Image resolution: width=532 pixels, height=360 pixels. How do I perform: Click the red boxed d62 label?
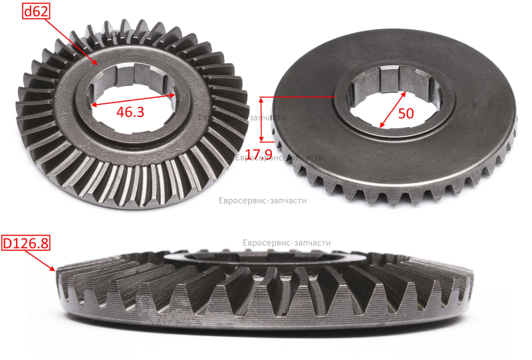click(x=37, y=12)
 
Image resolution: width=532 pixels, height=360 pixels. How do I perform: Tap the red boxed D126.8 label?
click(x=26, y=243)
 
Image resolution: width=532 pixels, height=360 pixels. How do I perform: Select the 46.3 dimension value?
click(x=130, y=112)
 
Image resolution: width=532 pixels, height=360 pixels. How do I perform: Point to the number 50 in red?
click(x=406, y=113)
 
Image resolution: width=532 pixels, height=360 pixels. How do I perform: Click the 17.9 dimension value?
click(x=259, y=154)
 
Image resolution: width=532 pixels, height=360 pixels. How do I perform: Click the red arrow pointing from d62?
click(x=70, y=41)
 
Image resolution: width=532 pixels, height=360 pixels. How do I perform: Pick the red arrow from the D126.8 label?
click(x=40, y=260)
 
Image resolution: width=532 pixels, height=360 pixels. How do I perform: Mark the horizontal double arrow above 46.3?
click(x=134, y=100)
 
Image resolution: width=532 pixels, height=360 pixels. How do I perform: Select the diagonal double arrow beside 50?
click(x=393, y=109)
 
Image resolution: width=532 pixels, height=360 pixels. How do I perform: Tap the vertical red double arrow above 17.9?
click(x=261, y=119)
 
